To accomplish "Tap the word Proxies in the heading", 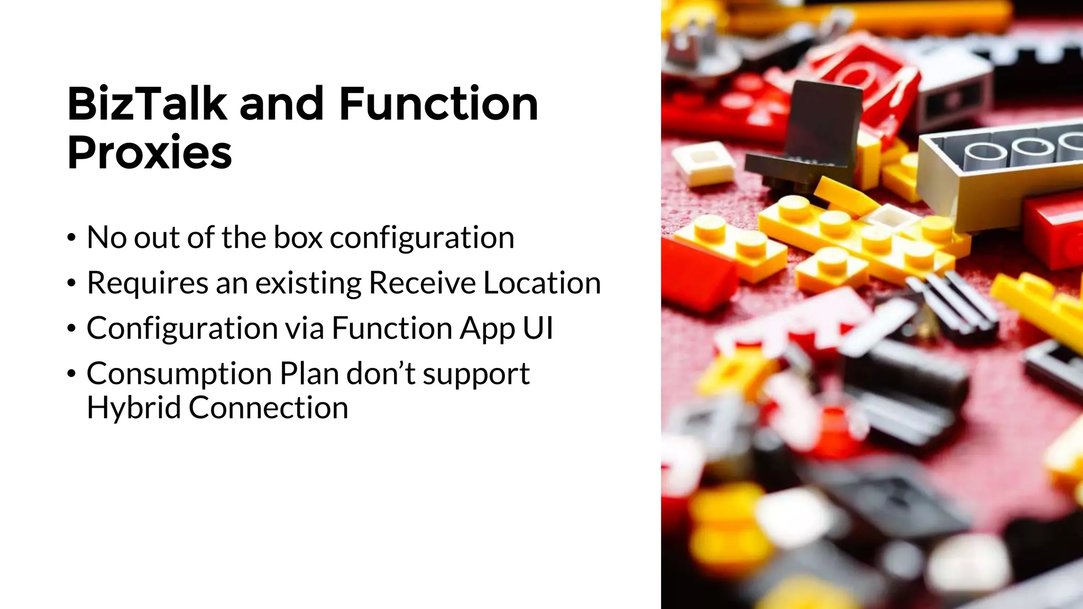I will click(150, 153).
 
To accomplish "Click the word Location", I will click(542, 283).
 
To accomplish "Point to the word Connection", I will click(268, 408).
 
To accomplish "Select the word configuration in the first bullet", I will click(422, 238).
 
